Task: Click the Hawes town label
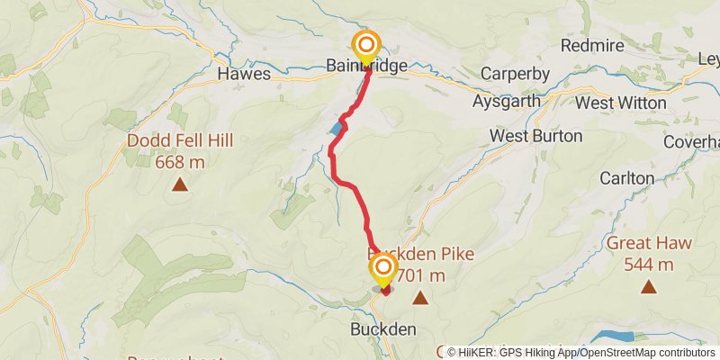pos(244,74)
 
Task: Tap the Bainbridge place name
pos(367,67)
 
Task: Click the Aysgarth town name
pos(507,102)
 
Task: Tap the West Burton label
pos(535,136)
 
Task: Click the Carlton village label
pos(626,178)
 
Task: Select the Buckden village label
pos(384,329)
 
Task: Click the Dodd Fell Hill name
pos(180,141)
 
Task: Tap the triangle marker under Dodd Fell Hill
pos(180,185)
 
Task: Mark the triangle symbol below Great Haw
pos(649,287)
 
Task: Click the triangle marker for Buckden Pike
pos(419,296)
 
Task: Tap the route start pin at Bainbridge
pos(366,46)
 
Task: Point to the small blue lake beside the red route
pos(337,129)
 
